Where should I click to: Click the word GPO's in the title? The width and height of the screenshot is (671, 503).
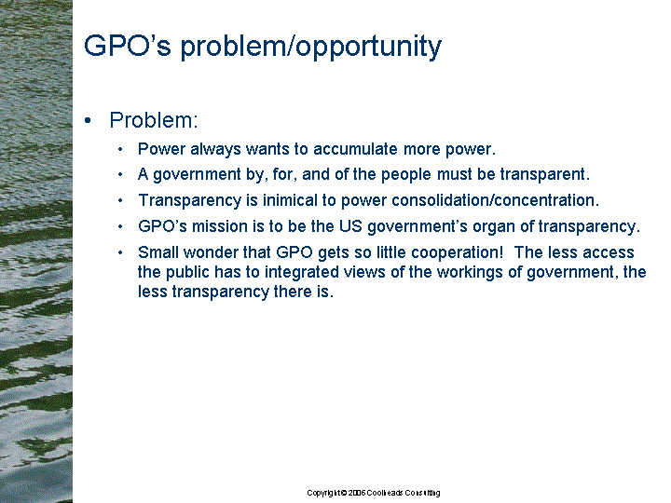click(128, 46)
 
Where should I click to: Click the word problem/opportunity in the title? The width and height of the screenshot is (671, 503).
click(310, 48)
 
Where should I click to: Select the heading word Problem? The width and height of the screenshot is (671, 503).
click(154, 120)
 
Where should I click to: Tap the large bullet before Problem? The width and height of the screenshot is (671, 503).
click(89, 120)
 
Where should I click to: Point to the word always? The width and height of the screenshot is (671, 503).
click(215, 149)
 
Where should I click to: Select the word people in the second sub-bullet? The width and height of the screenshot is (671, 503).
click(406, 175)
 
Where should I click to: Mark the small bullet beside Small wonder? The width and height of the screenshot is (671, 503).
click(120, 252)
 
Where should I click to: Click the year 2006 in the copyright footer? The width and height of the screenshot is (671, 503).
click(357, 493)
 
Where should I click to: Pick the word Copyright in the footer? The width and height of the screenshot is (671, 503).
click(323, 493)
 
